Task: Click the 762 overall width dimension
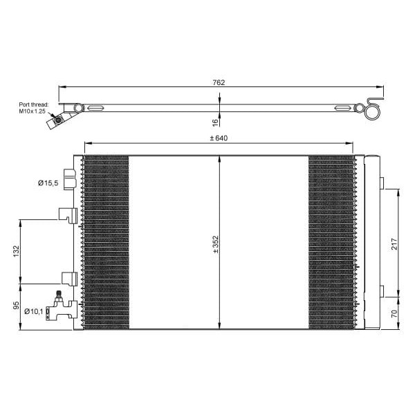pos(219,82)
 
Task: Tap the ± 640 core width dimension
pos(219,138)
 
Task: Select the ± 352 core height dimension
pos(216,245)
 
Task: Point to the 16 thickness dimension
pos(216,122)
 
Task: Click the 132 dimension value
pos(17,251)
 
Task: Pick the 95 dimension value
pos(17,305)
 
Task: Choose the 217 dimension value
pos(394,243)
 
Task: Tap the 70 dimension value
pos(394,313)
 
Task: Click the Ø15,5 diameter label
pos(48,183)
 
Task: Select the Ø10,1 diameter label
pos(34,311)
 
